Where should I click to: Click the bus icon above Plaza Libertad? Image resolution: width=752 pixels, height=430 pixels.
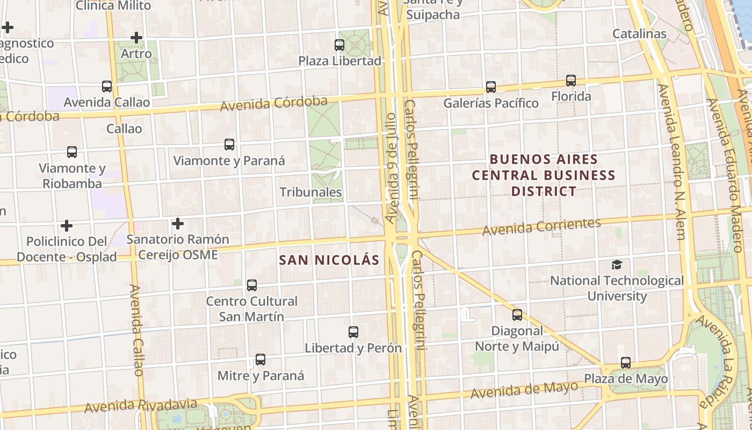tap(339, 45)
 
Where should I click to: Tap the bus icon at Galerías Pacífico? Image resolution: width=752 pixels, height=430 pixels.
tap(490, 87)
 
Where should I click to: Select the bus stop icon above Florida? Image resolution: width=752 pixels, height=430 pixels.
tap(570, 81)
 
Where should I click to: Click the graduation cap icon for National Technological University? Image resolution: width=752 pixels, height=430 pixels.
tap(617, 265)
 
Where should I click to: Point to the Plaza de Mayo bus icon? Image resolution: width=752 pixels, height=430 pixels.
tap(626, 363)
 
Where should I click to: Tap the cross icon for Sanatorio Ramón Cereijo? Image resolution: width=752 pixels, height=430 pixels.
tap(178, 224)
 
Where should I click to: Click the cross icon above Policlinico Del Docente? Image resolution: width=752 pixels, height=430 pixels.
tap(66, 225)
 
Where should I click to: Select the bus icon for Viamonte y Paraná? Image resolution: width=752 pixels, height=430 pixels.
tap(229, 145)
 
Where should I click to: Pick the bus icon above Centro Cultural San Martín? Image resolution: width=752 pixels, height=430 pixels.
tap(251, 285)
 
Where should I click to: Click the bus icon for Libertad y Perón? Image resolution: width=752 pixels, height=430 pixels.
tap(353, 332)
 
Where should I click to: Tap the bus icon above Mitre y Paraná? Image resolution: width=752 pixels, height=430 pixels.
tap(261, 360)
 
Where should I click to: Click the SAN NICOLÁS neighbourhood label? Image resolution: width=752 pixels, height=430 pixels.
tap(329, 261)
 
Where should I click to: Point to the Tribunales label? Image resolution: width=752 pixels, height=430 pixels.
tap(310, 192)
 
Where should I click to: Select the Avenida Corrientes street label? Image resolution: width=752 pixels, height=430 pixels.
tap(541, 227)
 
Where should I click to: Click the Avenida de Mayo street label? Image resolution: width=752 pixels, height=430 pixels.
tap(524, 390)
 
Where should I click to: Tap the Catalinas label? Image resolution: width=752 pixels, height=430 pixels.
tap(639, 34)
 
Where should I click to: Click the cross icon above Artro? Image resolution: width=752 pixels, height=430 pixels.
tap(136, 38)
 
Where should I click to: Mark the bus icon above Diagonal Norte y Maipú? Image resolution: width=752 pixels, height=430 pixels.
tap(517, 315)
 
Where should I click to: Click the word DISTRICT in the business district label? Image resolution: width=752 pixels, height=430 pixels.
tap(544, 191)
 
